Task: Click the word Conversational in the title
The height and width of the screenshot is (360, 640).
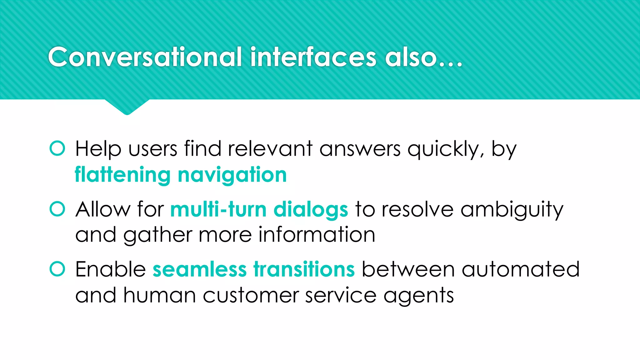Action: [x=145, y=57]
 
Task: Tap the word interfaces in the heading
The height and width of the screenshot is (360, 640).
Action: [x=313, y=57]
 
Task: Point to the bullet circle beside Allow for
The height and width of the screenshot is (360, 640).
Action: [x=57, y=209]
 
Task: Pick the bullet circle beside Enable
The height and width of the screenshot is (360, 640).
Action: [x=57, y=269]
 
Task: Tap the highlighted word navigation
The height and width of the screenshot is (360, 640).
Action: [x=232, y=175]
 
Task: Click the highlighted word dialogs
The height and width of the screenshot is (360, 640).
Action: [x=311, y=209]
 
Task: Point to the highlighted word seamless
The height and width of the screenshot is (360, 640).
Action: [x=200, y=269]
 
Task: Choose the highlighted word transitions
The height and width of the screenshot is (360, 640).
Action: [x=304, y=269]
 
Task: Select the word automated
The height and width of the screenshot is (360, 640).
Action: [x=521, y=269]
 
